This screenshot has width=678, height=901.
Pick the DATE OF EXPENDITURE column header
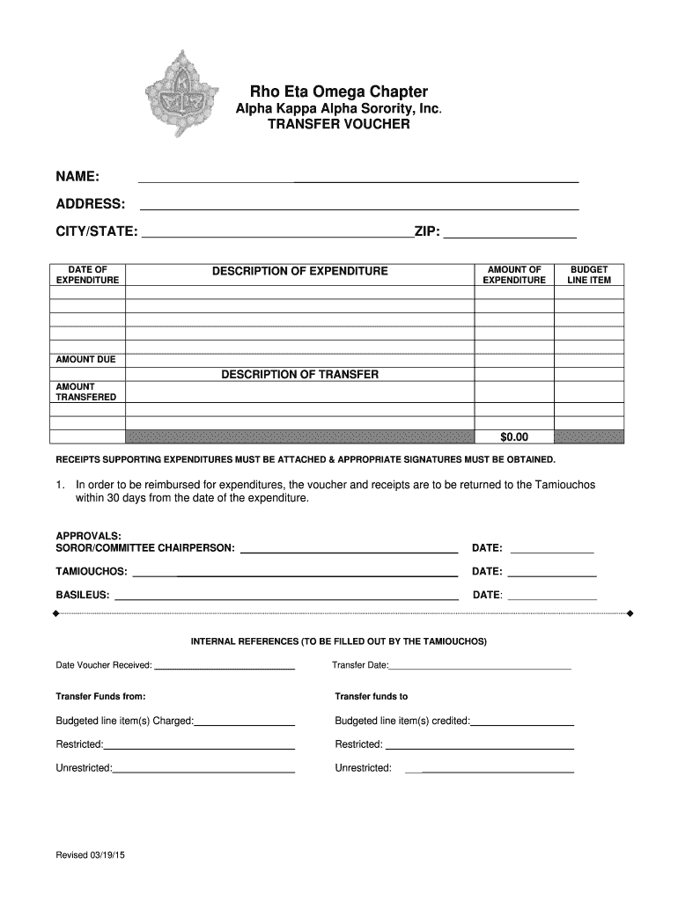tap(87, 275)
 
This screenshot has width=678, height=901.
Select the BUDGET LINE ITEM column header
tap(589, 275)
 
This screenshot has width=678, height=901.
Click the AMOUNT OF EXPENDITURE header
tap(514, 275)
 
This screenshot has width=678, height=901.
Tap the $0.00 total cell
tap(514, 436)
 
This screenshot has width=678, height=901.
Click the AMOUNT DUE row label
tap(86, 360)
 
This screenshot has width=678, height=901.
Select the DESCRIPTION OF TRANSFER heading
tap(299, 375)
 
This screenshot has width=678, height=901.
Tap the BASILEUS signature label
tap(83, 595)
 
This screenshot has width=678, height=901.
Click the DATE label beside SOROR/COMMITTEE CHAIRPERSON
tap(487, 548)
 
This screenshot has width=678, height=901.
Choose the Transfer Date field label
tap(361, 665)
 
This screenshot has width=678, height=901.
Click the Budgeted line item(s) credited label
tap(402, 721)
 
